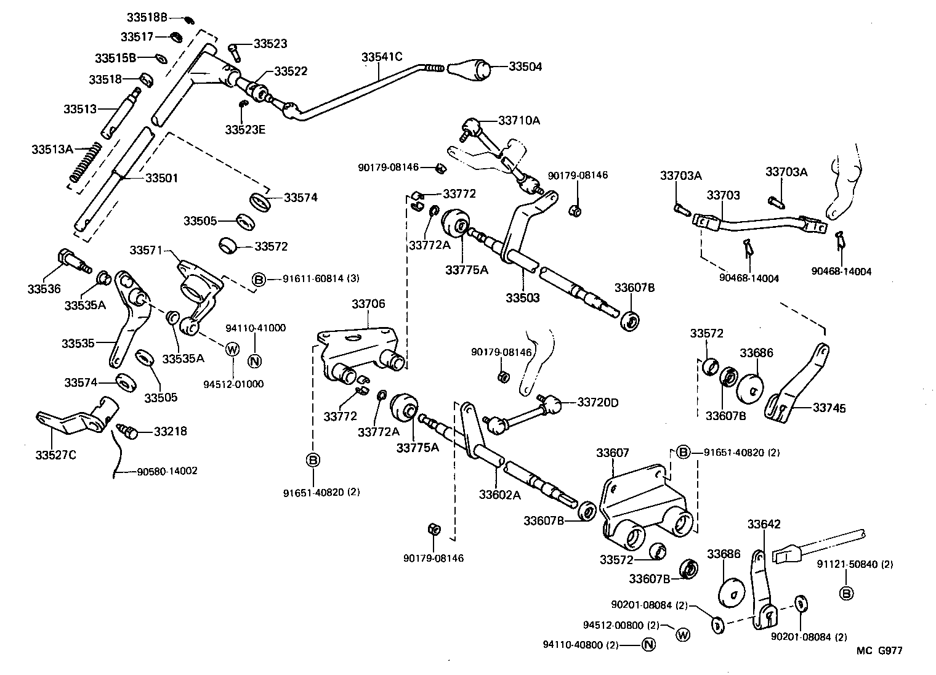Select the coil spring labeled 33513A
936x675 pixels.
click(84, 162)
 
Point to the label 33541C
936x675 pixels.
click(381, 57)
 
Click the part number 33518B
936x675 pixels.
click(147, 17)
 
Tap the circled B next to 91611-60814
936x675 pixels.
click(259, 280)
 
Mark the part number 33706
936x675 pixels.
click(368, 304)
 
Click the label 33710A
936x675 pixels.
click(518, 121)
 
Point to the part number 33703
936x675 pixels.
click(723, 195)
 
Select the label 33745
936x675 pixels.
click(829, 408)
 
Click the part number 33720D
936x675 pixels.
click(597, 403)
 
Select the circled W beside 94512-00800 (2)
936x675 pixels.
click(682, 634)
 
